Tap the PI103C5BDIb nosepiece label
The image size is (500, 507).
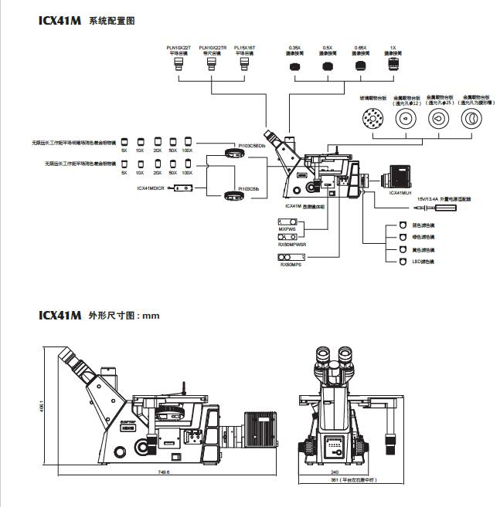[x=252, y=145]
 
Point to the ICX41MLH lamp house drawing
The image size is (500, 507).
[x=400, y=177]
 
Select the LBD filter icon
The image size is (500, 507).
[x=402, y=262]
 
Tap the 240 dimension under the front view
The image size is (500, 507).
[x=335, y=472]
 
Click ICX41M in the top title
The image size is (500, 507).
[x=60, y=22]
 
